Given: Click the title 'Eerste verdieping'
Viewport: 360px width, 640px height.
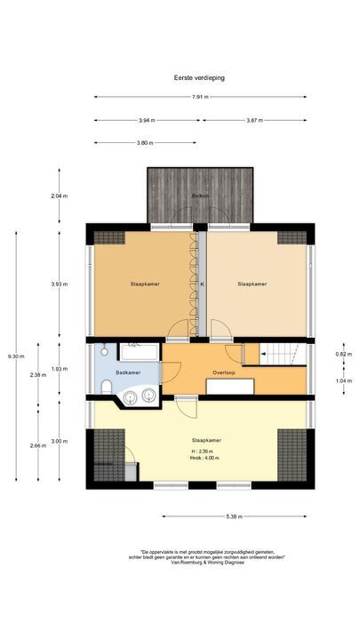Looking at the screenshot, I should pos(199,77).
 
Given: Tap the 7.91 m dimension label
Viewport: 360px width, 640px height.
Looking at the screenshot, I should pos(199,98).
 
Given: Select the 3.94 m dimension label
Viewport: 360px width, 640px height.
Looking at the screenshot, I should pos(147,120).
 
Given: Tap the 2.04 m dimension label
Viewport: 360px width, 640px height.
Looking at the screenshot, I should pos(59,196).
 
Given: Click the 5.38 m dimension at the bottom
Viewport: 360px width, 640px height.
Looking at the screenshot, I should pos(235,516).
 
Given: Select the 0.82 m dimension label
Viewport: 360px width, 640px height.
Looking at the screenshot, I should pos(342,353).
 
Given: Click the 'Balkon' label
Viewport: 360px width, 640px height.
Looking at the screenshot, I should pos(200,196).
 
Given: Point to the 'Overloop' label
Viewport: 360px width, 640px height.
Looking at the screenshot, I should pos(223,372).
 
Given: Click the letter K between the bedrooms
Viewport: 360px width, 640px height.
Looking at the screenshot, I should pos(201,284).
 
